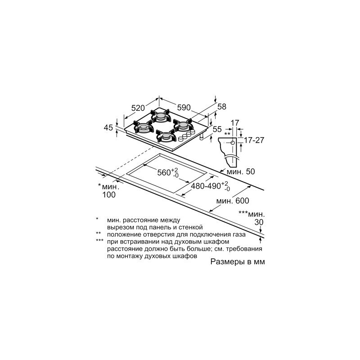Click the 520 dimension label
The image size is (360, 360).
click(138, 108)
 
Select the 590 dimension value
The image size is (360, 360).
click(184, 108)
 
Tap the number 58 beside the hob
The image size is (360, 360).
click(221, 107)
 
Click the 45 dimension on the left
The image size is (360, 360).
click(108, 128)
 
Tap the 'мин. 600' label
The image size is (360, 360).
click(232, 201)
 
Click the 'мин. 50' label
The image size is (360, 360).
click(241, 171)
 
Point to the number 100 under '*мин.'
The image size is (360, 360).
click(109, 195)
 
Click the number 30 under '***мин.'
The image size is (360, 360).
click(258, 223)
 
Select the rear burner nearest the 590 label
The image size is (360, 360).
click(160, 117)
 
